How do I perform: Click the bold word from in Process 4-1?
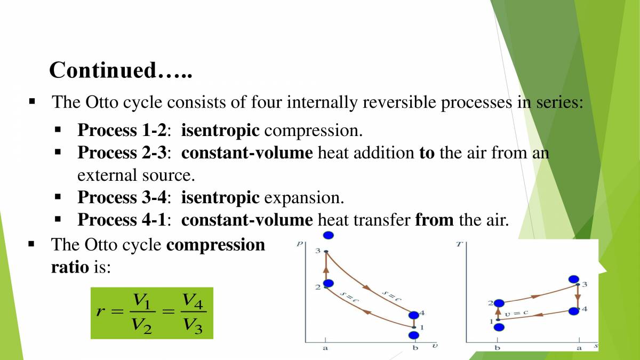click(434, 220)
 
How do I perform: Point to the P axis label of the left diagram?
click(300, 244)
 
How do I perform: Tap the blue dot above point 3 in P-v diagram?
click(329, 235)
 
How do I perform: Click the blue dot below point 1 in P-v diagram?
click(413, 335)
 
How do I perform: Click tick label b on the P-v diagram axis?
click(415, 348)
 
